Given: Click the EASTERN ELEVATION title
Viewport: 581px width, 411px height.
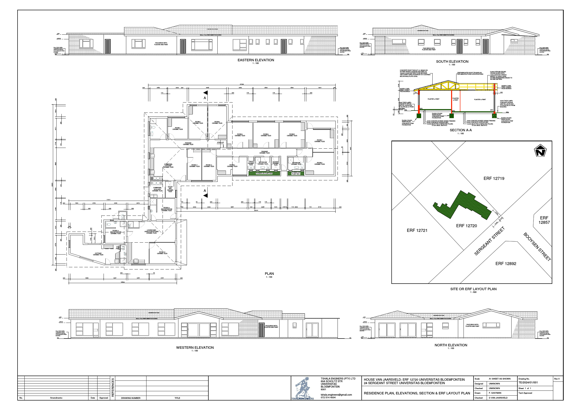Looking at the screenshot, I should click(256, 60).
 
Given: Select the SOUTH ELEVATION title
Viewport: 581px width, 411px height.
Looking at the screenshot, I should click(452, 62).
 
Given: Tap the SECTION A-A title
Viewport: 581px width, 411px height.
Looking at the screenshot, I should click(461, 130).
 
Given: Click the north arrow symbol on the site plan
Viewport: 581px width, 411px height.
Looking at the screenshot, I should click(540, 151).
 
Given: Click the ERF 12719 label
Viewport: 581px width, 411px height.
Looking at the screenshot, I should click(494, 178).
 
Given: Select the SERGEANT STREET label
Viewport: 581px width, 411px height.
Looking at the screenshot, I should click(489, 241).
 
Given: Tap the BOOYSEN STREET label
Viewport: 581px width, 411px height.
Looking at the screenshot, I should click(537, 247).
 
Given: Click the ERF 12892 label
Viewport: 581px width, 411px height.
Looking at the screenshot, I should click(506, 264).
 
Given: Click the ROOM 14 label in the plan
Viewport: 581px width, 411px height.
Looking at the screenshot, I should click(162, 253).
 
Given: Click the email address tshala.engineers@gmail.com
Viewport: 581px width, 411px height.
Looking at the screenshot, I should click(336, 395).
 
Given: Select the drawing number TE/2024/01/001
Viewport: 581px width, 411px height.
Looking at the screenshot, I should click(528, 382).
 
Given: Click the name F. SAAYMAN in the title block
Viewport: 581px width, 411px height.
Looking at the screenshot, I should click(495, 393).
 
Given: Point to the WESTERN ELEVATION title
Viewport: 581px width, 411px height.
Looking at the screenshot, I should click(195, 348).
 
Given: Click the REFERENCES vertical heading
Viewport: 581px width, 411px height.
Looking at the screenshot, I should click(113, 387).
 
